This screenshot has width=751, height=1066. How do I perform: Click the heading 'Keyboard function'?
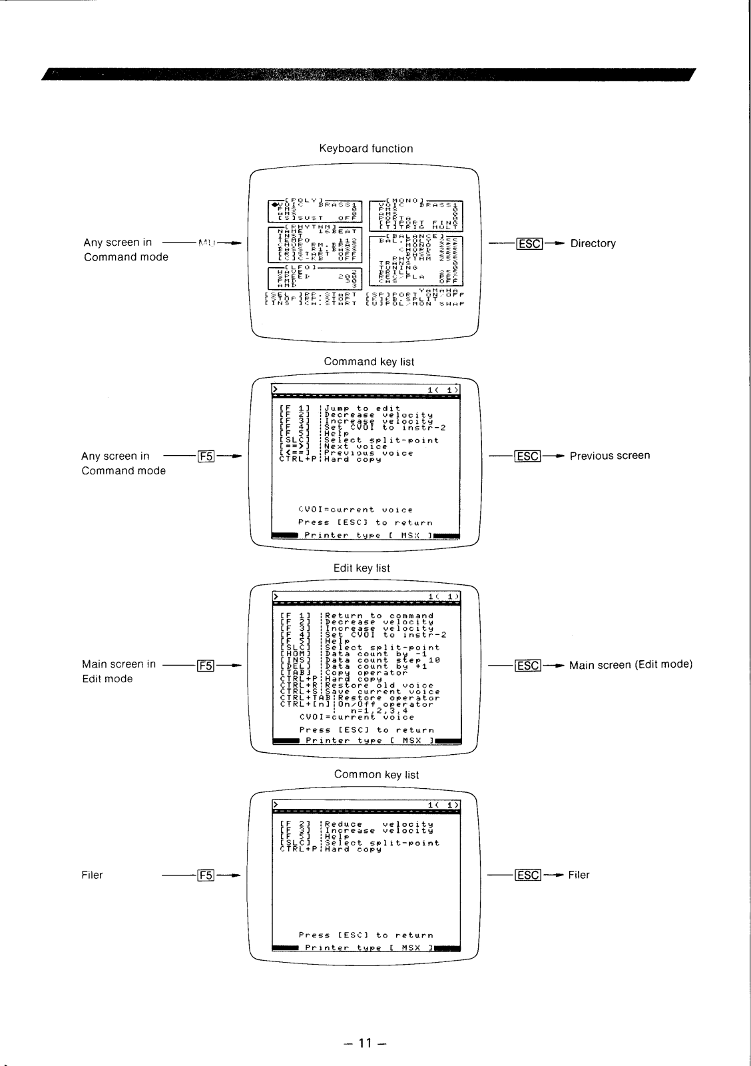366,149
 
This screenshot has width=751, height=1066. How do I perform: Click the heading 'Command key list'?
369,362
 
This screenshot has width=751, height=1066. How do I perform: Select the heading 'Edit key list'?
362,568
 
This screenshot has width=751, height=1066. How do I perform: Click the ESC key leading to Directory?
529,244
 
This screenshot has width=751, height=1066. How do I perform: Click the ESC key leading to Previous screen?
528,456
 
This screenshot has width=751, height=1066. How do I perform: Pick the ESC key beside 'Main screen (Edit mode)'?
528,665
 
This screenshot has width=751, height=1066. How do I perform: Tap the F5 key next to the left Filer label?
206,875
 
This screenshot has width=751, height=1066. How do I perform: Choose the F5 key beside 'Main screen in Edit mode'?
206,665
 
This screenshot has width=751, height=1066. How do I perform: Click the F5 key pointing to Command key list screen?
206,456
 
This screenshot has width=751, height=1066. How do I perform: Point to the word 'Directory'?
593,244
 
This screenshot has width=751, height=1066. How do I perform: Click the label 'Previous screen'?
610,456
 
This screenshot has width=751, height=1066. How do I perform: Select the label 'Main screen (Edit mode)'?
630,664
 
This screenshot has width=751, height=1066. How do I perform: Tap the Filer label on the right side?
579,875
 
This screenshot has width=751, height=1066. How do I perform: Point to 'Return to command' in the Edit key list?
379,616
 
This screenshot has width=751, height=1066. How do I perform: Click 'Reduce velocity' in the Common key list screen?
378,824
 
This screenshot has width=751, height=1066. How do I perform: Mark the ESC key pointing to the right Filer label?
528,875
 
